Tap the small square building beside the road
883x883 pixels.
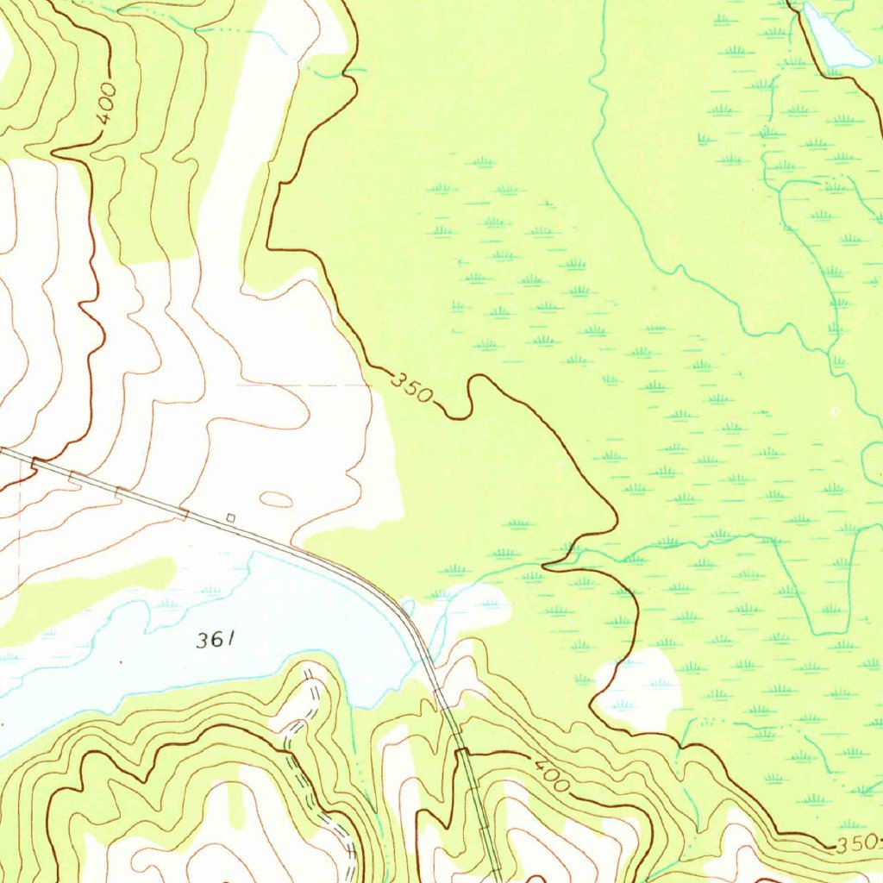coord(230,517)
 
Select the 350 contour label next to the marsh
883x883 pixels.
coord(411,388)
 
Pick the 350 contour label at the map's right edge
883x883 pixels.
coord(857,842)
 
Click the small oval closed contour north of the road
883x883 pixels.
coord(276,498)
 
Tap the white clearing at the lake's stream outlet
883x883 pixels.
coord(474,604)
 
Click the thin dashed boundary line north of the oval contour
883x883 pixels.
coord(302,385)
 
